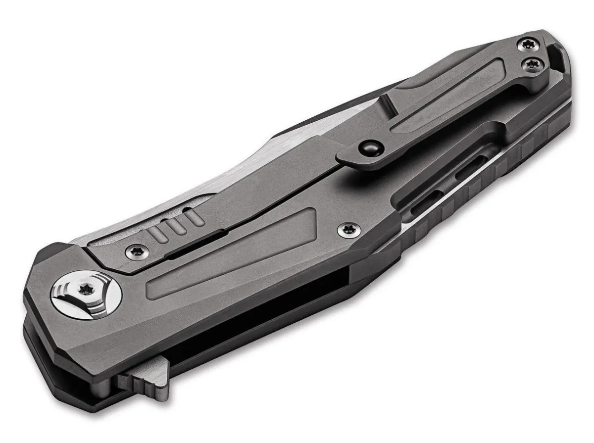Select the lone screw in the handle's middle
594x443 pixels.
coord(346,228)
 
